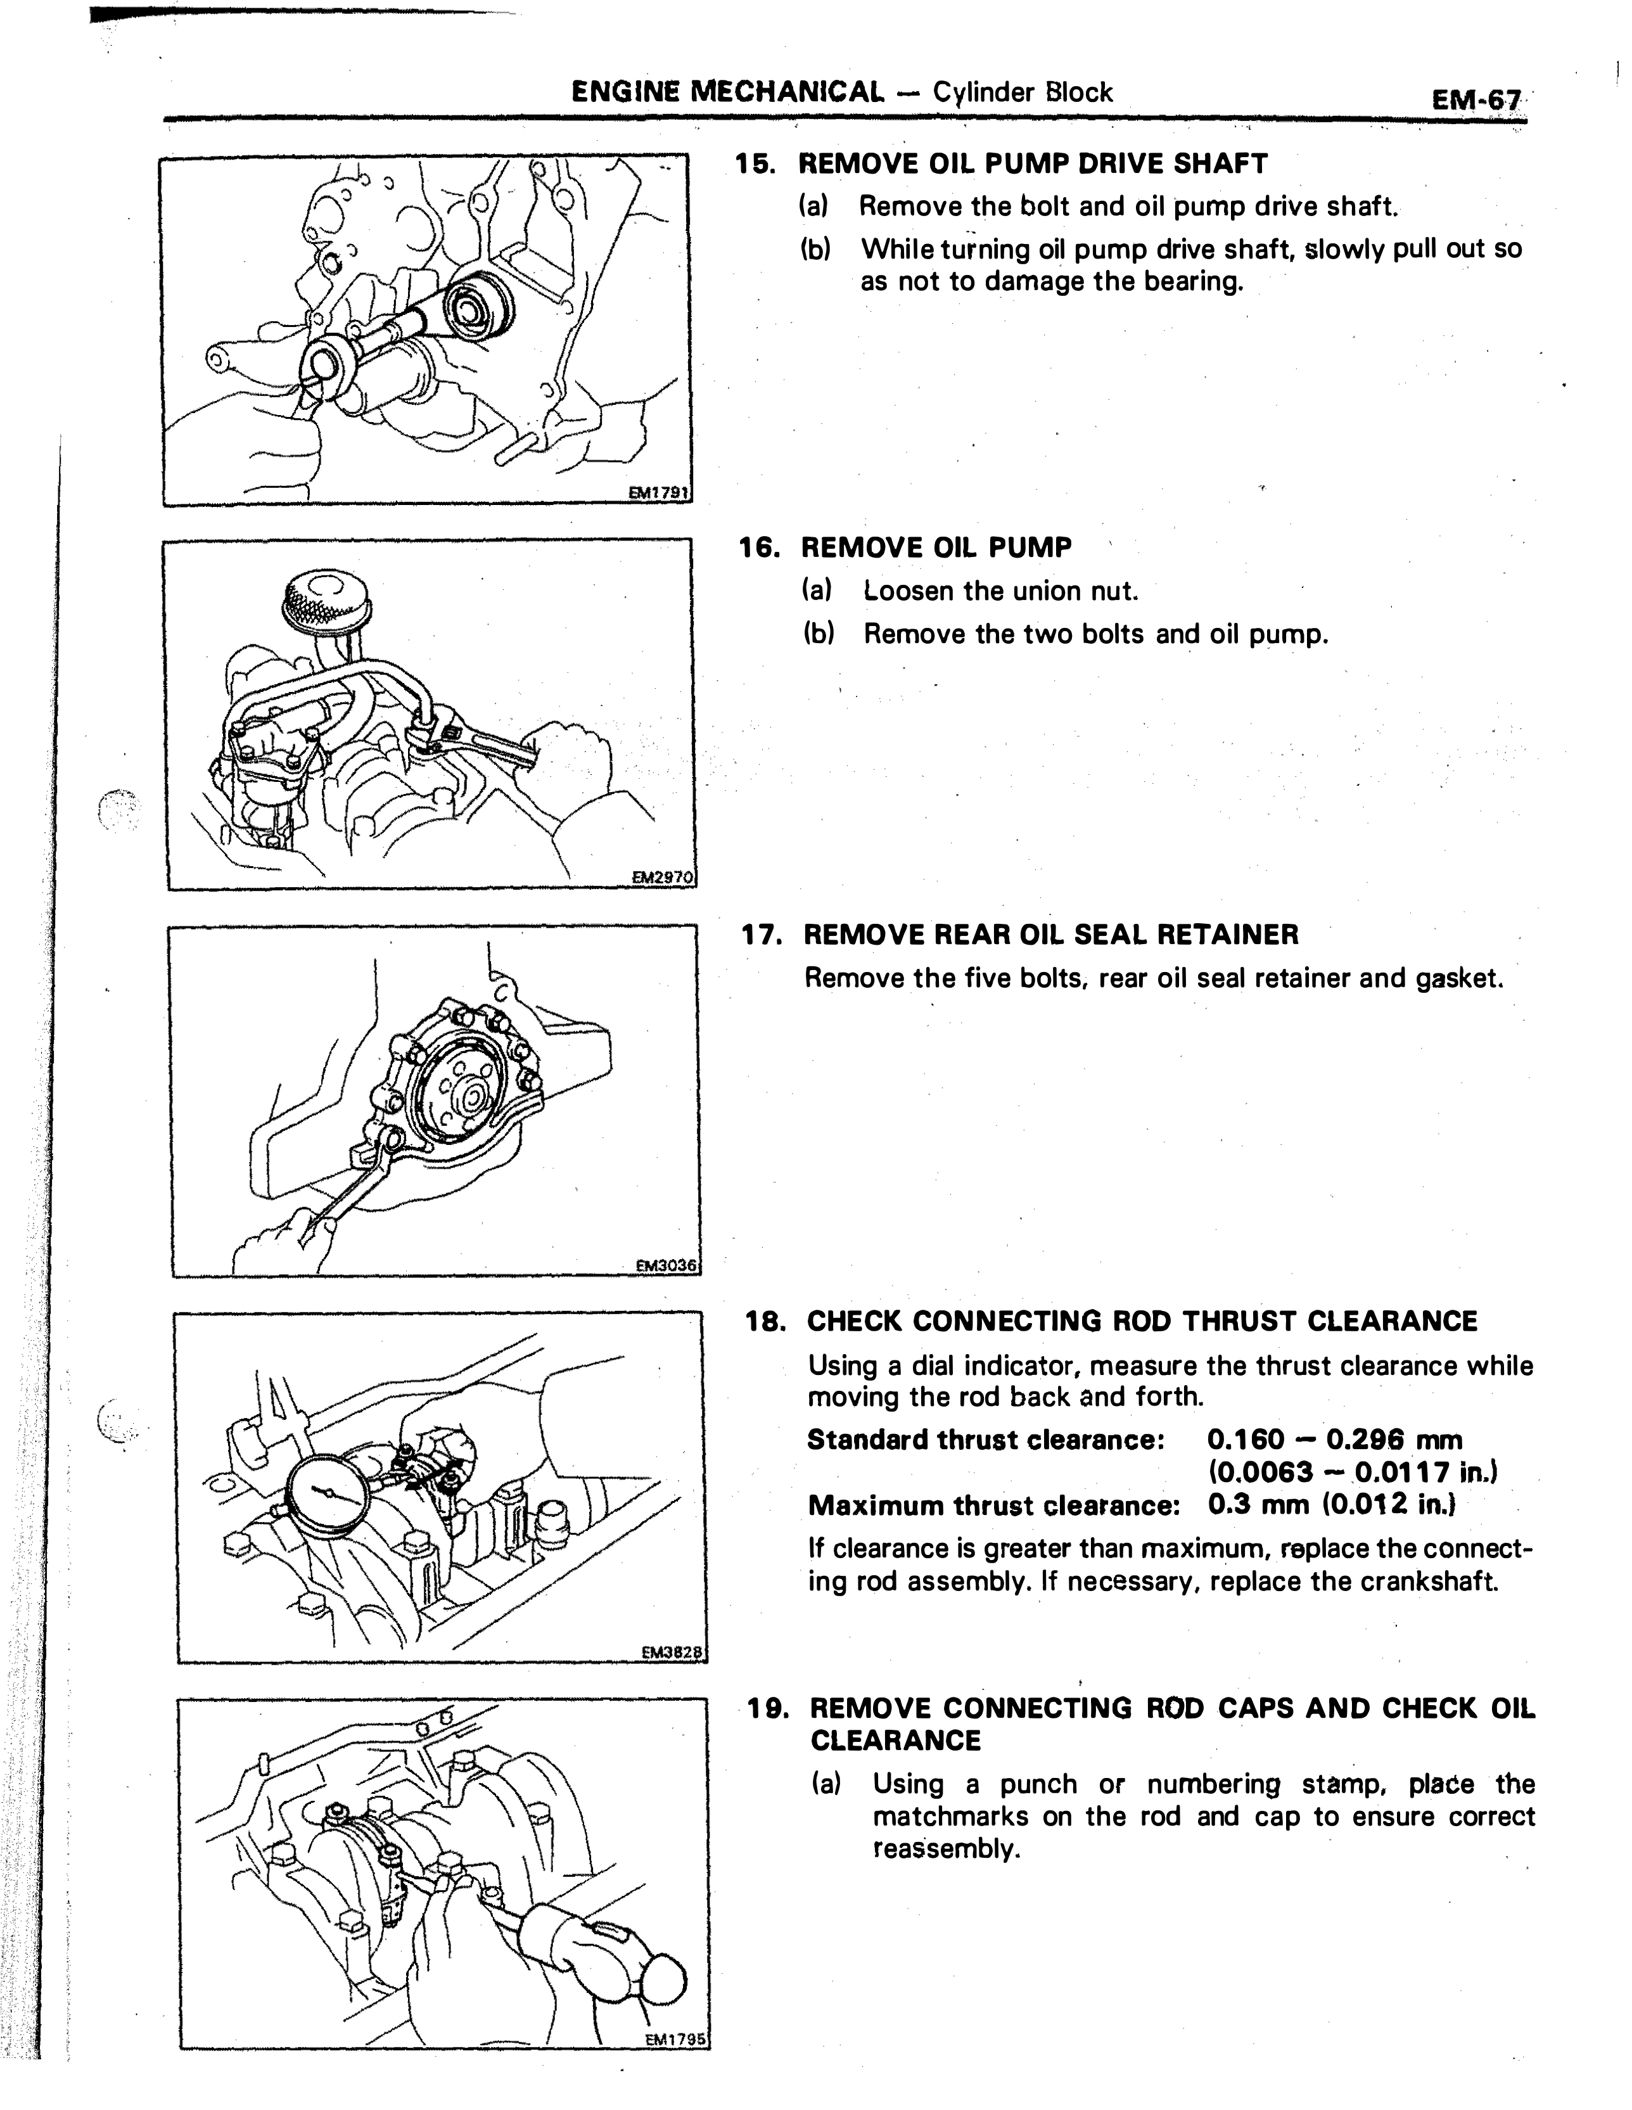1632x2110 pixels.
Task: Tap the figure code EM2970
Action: [x=663, y=877]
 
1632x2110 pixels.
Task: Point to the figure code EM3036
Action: [x=666, y=1265]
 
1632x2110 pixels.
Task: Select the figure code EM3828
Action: [x=673, y=1653]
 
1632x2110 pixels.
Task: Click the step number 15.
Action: [x=756, y=164]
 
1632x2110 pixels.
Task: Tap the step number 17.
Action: [x=762, y=935]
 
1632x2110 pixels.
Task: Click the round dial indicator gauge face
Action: [x=329, y=1493]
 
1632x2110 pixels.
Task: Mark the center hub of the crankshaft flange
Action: [x=473, y=1097]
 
